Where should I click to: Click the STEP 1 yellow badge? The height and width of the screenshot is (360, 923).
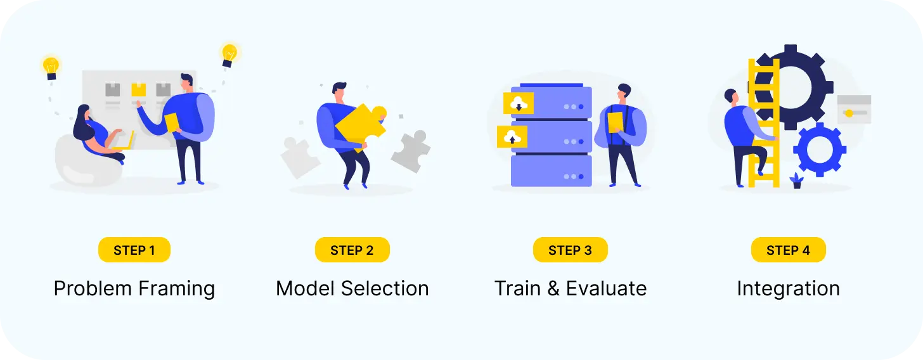pos(134,250)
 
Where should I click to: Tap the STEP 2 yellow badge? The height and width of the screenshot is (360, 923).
pos(352,250)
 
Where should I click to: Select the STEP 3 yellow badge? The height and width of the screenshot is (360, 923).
pos(570,250)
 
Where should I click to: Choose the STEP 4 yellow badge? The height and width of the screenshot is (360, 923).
pos(788,250)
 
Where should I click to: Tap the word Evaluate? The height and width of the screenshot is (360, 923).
pos(606,289)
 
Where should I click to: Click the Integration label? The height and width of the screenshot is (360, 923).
pos(788,289)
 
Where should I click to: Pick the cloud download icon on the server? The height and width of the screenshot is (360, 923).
pos(518,103)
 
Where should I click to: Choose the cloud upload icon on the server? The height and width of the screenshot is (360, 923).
pos(512,136)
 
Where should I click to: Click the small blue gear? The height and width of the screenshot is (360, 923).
pos(819,151)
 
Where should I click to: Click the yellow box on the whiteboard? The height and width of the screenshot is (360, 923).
pos(138,89)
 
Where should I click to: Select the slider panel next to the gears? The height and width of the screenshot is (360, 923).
pos(853,109)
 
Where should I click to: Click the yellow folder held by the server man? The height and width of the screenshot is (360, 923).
pos(615,122)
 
